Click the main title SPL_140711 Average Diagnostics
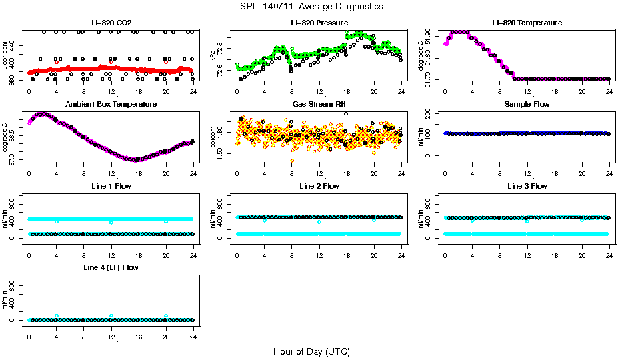tap(311, 6)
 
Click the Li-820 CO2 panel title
tap(111, 23)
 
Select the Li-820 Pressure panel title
tap(319, 23)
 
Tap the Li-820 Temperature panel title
tap(527, 23)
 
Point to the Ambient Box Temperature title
tap(111, 105)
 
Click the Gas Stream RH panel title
tap(319, 105)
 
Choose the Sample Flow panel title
tap(527, 105)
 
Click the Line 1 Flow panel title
tap(111, 186)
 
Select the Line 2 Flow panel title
tap(319, 186)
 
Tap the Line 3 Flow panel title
tap(527, 186)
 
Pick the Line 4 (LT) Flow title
tap(111, 267)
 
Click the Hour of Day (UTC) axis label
tap(311, 351)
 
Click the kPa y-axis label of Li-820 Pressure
tap(213, 57)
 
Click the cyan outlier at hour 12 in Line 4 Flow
tap(111, 315)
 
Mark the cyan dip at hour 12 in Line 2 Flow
tap(319, 221)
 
